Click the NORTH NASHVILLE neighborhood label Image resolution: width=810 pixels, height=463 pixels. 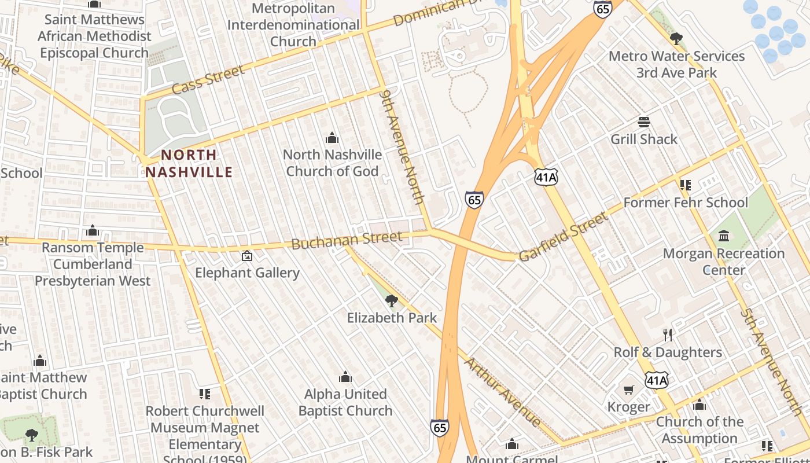coord(189,163)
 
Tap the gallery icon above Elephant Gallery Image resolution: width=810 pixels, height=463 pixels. coord(247,256)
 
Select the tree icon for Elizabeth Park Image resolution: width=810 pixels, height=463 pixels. coord(392,300)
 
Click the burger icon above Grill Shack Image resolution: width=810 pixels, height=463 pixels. coord(644,122)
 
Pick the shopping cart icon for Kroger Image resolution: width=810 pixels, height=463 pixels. coord(629,390)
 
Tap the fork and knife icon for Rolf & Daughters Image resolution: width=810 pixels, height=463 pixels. coord(668,335)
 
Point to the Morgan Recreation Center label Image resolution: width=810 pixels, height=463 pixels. coord(723,262)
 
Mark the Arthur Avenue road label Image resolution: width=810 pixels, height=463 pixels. coord(503,392)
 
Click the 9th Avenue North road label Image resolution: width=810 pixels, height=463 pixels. coord(403,146)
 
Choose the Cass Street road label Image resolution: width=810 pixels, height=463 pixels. coord(208,80)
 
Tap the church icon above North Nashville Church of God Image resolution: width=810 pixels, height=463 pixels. coord(332,138)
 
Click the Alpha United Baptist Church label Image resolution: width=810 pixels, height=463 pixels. coord(345,402)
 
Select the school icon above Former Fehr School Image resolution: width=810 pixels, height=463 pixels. coord(686,185)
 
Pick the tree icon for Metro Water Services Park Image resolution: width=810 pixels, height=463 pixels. coord(676,39)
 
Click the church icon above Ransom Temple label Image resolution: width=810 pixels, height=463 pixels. coord(93,231)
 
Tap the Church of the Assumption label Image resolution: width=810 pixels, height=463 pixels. coord(699,430)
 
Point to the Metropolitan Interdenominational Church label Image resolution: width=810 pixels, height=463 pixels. coord(293,25)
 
